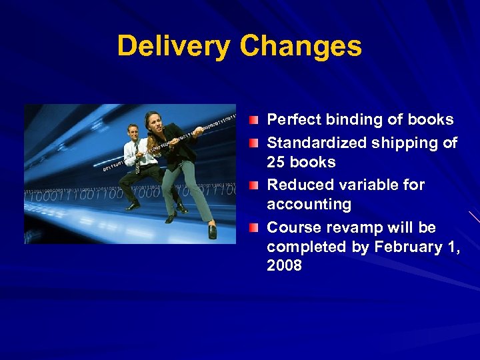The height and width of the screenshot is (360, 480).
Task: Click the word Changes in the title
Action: pyautogui.click(x=301, y=47)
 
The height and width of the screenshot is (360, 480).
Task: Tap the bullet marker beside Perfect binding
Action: pyautogui.click(x=255, y=121)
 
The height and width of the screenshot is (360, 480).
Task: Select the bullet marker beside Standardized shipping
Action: pyautogui.click(x=255, y=143)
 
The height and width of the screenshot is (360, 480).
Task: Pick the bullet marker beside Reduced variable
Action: pyautogui.click(x=255, y=185)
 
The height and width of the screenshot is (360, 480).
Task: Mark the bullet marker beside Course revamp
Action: pyautogui.click(x=255, y=228)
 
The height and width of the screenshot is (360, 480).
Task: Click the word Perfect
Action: pyautogui.click(x=291, y=120)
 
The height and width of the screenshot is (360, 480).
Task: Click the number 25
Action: pyautogui.click(x=276, y=162)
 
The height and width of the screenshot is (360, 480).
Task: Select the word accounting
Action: pyautogui.click(x=309, y=204)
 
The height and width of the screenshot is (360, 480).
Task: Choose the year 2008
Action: pyautogui.click(x=284, y=266)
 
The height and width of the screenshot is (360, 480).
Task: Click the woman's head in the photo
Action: pyautogui.click(x=151, y=121)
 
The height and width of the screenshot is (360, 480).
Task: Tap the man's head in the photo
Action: pyautogui.click(x=133, y=131)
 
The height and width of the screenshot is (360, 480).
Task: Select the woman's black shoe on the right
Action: pyautogui.click(x=212, y=231)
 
